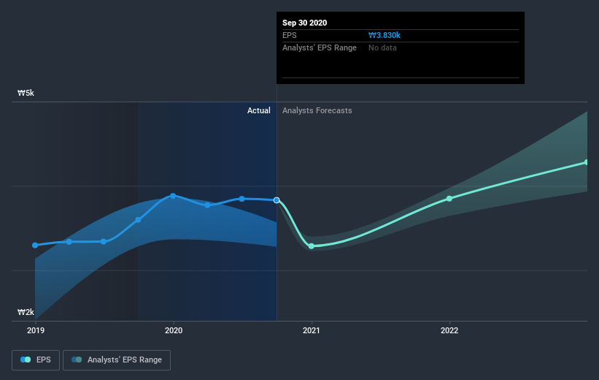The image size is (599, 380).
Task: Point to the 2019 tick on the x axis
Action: [35, 330]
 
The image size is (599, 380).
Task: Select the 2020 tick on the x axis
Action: [174, 330]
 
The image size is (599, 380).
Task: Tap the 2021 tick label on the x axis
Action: [312, 330]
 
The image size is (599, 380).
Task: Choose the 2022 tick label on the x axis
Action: [449, 330]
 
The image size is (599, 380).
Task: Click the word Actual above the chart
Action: [258, 110]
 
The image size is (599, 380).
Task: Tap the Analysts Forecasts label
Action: [317, 110]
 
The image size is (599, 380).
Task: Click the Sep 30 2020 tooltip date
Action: [305, 23]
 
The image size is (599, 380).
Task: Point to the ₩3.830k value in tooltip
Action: [385, 35]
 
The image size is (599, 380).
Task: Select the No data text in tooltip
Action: [383, 47]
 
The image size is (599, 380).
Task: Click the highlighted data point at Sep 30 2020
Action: [277, 199]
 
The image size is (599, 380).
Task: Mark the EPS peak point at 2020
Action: [173, 195]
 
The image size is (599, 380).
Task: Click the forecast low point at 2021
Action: [312, 246]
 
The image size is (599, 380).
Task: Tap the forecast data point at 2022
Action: [449, 198]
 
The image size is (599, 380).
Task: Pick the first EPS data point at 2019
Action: [35, 245]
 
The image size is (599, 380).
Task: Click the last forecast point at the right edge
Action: [586, 162]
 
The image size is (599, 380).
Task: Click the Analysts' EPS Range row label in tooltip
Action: [320, 47]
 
